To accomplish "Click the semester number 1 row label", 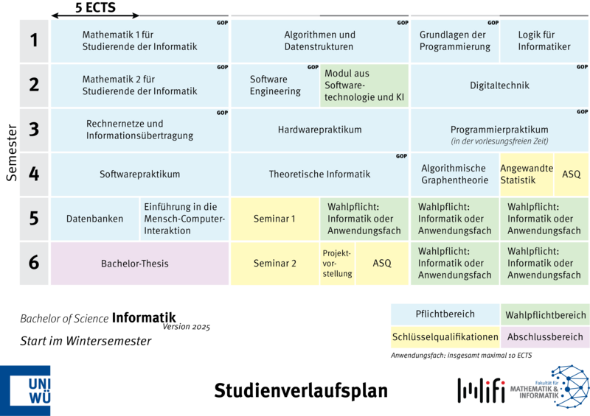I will click(34, 40).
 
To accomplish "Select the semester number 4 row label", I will click(34, 174).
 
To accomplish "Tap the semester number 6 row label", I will click(34, 263).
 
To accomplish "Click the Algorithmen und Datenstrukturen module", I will click(319, 40).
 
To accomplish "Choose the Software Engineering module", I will click(275, 85).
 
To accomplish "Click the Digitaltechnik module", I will click(499, 85).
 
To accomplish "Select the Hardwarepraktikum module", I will click(319, 130).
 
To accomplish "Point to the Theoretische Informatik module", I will click(319, 174).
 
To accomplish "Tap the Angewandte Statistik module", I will click(527, 174).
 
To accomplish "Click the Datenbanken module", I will click(94, 219).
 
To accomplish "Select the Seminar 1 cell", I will click(274, 219).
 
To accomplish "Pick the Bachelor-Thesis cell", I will click(135, 263).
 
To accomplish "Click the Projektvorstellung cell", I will click(337, 263).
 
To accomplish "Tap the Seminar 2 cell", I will click(274, 263).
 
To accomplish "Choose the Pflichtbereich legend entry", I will click(445, 314).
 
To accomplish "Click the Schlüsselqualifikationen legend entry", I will click(445, 337).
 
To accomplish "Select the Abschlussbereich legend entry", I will click(545, 337).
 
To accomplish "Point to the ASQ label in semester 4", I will click(572, 174).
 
